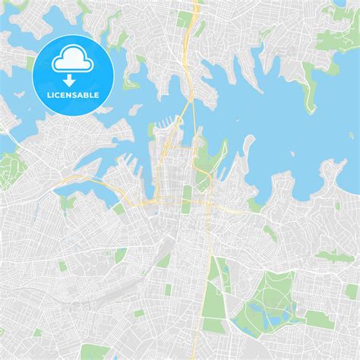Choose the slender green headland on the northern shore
[x=309, y=90]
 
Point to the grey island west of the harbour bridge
[x=141, y=109]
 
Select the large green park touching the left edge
[x=9, y=165]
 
